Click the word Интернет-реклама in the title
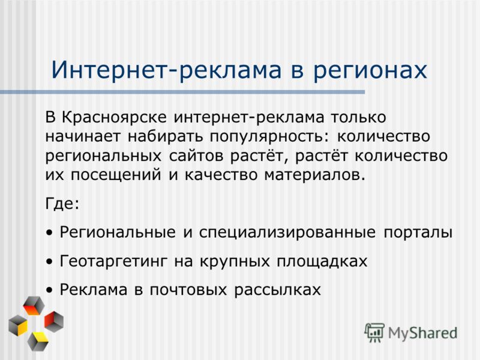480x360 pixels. [166, 70]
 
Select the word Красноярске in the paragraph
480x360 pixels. [115, 118]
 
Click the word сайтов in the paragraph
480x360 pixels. [196, 156]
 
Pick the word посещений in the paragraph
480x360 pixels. [116, 175]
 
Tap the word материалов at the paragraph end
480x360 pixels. [315, 175]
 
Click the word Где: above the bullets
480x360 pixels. [62, 203]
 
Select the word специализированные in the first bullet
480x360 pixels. [287, 232]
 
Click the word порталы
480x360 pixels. [418, 232]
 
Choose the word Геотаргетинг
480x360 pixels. [113, 262]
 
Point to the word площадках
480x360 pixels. [322, 262]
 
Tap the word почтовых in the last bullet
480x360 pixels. [188, 290]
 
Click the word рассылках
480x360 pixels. [277, 290]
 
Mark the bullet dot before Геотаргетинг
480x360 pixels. [49, 262]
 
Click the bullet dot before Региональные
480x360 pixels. [49, 233]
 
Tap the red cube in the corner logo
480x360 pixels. [54, 322]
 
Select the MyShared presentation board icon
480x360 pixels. [374, 332]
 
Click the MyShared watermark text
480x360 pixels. [422, 333]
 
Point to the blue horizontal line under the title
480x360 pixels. [182, 92]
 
